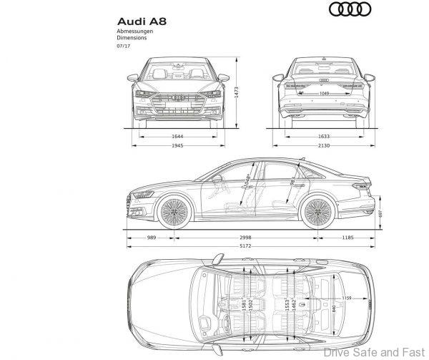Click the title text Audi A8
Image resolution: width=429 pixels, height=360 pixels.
pyautogui.click(x=140, y=22)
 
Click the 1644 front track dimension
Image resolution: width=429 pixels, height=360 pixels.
pyautogui.click(x=178, y=135)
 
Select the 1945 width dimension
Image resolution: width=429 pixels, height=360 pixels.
pyautogui.click(x=178, y=145)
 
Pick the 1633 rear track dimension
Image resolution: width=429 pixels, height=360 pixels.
pyautogui.click(x=323, y=135)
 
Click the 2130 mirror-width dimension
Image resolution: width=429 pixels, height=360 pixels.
pyautogui.click(x=323, y=145)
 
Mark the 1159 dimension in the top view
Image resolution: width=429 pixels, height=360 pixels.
pyautogui.click(x=347, y=297)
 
